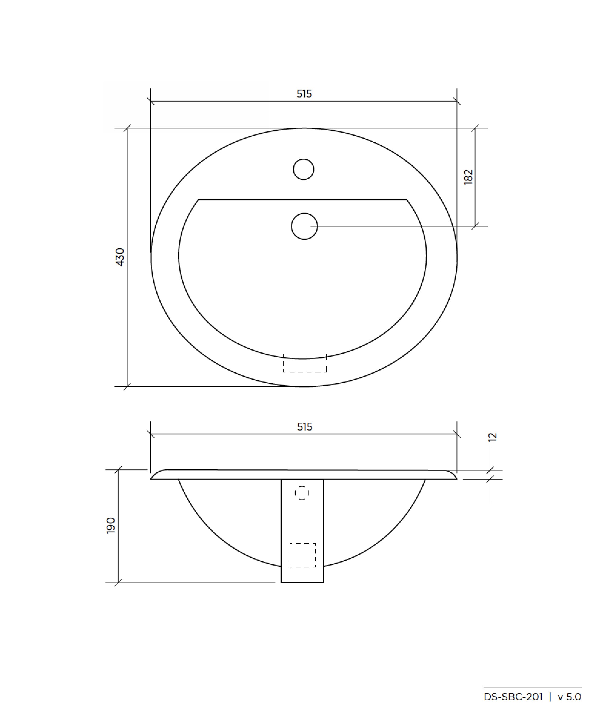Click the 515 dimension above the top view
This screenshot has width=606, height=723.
[304, 94]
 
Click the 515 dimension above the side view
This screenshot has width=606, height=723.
[305, 427]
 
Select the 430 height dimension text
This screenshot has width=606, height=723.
[120, 257]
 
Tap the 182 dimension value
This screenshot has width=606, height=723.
[468, 177]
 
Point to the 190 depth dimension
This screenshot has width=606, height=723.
[111, 525]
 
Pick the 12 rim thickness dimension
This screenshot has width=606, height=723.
[493, 437]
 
